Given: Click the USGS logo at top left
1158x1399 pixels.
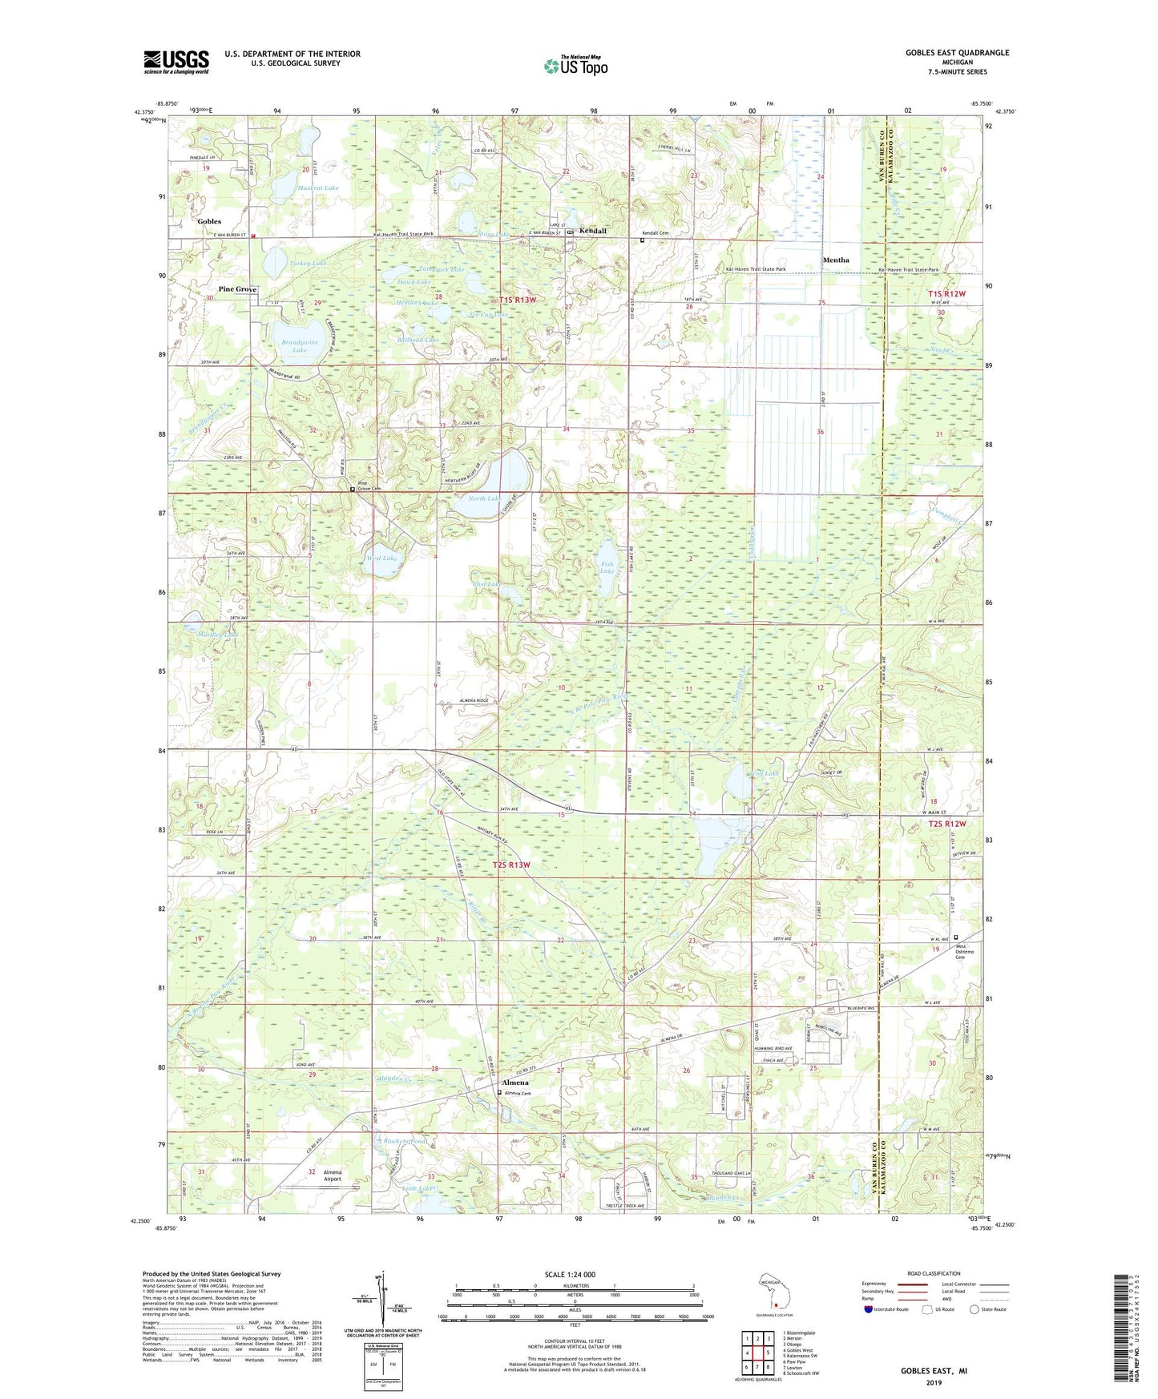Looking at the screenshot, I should tap(176, 62).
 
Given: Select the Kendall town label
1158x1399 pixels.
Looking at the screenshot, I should tap(593, 231).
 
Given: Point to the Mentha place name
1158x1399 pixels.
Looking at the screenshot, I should tap(835, 260).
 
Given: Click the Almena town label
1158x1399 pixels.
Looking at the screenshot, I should tap(514, 1083).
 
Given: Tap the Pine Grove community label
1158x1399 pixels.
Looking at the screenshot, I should tap(237, 288).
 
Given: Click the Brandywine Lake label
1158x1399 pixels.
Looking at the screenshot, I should tap(300, 346).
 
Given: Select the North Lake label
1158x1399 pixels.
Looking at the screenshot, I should tap(485, 498).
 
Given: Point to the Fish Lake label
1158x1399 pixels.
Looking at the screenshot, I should tap(607, 567).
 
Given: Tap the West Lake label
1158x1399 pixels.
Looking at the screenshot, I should tap(381, 558).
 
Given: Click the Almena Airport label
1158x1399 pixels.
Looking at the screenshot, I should tap(332, 1175).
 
